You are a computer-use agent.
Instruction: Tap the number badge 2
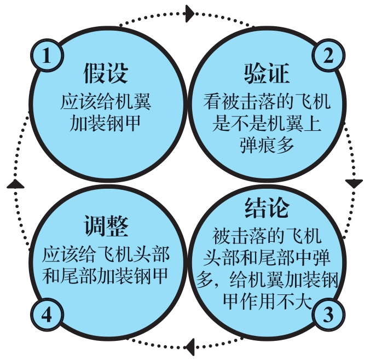click(x=328, y=56)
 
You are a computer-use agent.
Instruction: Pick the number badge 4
click(x=48, y=316)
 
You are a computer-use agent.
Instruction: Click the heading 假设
click(x=106, y=74)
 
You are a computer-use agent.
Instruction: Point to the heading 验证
click(x=267, y=74)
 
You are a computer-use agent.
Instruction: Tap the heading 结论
click(x=267, y=210)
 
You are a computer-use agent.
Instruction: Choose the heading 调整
click(x=106, y=226)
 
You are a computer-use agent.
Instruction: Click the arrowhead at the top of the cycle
click(x=190, y=13)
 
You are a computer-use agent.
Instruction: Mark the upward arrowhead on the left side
click(x=16, y=183)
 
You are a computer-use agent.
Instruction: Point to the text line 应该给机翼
click(x=106, y=103)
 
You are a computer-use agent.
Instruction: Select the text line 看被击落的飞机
click(x=267, y=103)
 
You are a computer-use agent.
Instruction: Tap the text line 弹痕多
click(x=267, y=144)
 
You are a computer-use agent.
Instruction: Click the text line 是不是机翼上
click(x=267, y=124)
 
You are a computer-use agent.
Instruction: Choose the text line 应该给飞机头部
click(x=106, y=254)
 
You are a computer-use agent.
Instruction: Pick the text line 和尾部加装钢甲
click(x=106, y=275)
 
